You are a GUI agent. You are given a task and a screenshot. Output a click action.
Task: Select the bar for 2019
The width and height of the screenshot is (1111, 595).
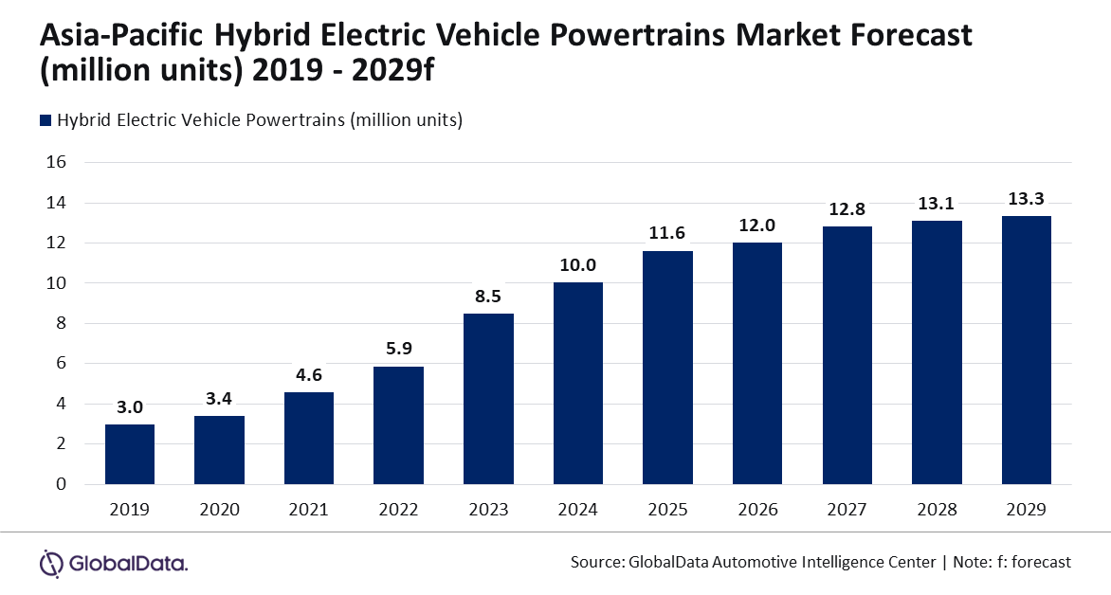tap(130, 454)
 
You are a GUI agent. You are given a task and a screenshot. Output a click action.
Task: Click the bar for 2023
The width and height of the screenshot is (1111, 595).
tap(488, 399)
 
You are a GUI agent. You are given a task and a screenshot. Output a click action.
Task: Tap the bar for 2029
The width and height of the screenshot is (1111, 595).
tap(1027, 350)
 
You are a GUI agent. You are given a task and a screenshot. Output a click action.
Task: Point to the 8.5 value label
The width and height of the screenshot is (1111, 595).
tap(488, 296)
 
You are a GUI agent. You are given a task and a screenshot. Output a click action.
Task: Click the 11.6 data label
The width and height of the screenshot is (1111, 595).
tap(667, 233)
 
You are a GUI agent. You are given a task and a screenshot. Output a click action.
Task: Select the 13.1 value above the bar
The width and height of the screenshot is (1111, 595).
tap(937, 203)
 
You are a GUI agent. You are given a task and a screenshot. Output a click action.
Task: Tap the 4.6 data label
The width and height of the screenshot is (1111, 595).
tap(309, 374)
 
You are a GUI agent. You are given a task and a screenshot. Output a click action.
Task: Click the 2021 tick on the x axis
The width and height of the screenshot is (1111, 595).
tap(309, 510)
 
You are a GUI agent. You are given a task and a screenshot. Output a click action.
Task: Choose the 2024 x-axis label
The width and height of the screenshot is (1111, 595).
tap(578, 510)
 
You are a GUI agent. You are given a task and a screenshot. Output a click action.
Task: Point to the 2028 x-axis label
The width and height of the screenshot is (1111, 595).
tap(937, 510)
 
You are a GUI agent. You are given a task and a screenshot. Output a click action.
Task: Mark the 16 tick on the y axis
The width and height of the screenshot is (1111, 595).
tap(56, 162)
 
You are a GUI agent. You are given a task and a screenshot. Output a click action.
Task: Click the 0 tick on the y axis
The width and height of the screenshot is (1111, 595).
tap(61, 484)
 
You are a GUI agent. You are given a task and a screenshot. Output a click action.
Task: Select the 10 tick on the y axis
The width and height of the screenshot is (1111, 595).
tap(56, 283)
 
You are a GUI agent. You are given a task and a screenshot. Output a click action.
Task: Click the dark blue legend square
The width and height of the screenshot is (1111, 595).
tap(45, 120)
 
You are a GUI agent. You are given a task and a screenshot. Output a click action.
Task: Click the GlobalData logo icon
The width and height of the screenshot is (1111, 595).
tap(51, 563)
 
